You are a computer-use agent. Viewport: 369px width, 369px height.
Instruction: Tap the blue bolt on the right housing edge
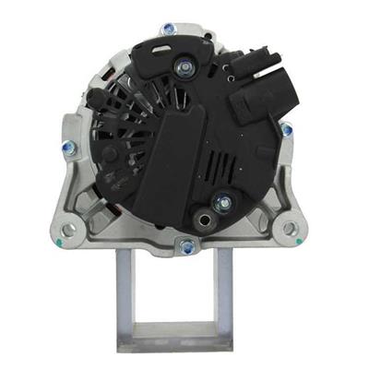tap(287, 130)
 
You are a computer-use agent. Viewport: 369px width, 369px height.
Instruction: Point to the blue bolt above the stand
tap(187, 245)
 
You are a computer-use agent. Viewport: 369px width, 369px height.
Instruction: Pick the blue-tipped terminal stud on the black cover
tap(220, 200)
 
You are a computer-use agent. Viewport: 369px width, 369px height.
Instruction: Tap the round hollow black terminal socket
tap(203, 220)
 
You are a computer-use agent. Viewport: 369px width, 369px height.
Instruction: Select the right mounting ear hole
tap(290, 228)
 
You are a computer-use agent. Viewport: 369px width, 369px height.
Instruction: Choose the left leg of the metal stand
tap(125, 295)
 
